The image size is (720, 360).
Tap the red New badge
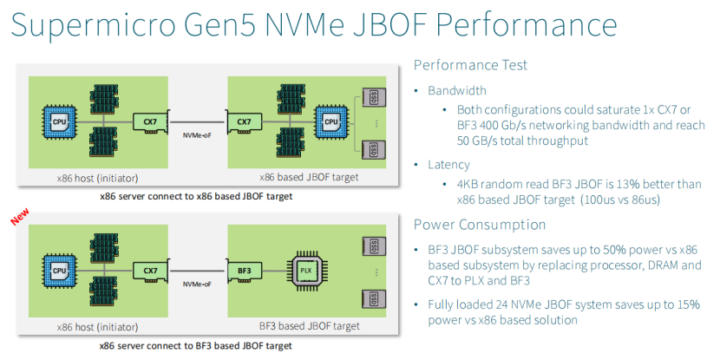(19, 217)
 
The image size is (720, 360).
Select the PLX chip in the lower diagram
(305, 269)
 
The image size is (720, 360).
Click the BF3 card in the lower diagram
(243, 271)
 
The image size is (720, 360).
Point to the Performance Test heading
(470, 65)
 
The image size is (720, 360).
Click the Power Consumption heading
(480, 225)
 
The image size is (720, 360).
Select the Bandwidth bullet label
(456, 90)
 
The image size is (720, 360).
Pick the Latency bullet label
(448, 164)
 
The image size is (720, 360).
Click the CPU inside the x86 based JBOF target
(330, 121)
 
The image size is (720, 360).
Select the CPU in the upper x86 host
(60, 121)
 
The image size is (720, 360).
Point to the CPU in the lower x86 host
(60, 270)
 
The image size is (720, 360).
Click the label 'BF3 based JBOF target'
(310, 326)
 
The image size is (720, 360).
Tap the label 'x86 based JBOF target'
(310, 178)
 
